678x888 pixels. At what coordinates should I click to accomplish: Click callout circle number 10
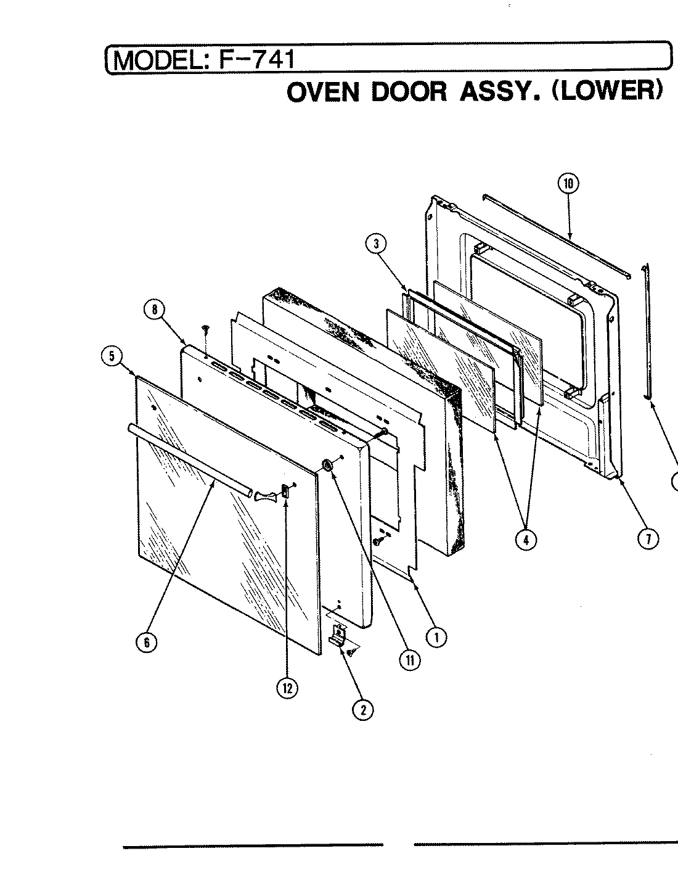point(568,183)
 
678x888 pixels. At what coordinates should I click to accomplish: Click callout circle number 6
point(146,642)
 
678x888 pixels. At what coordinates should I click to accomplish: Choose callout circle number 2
point(362,710)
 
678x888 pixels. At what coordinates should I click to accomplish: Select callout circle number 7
point(648,539)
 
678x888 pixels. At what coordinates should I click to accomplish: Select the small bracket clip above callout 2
point(338,636)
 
